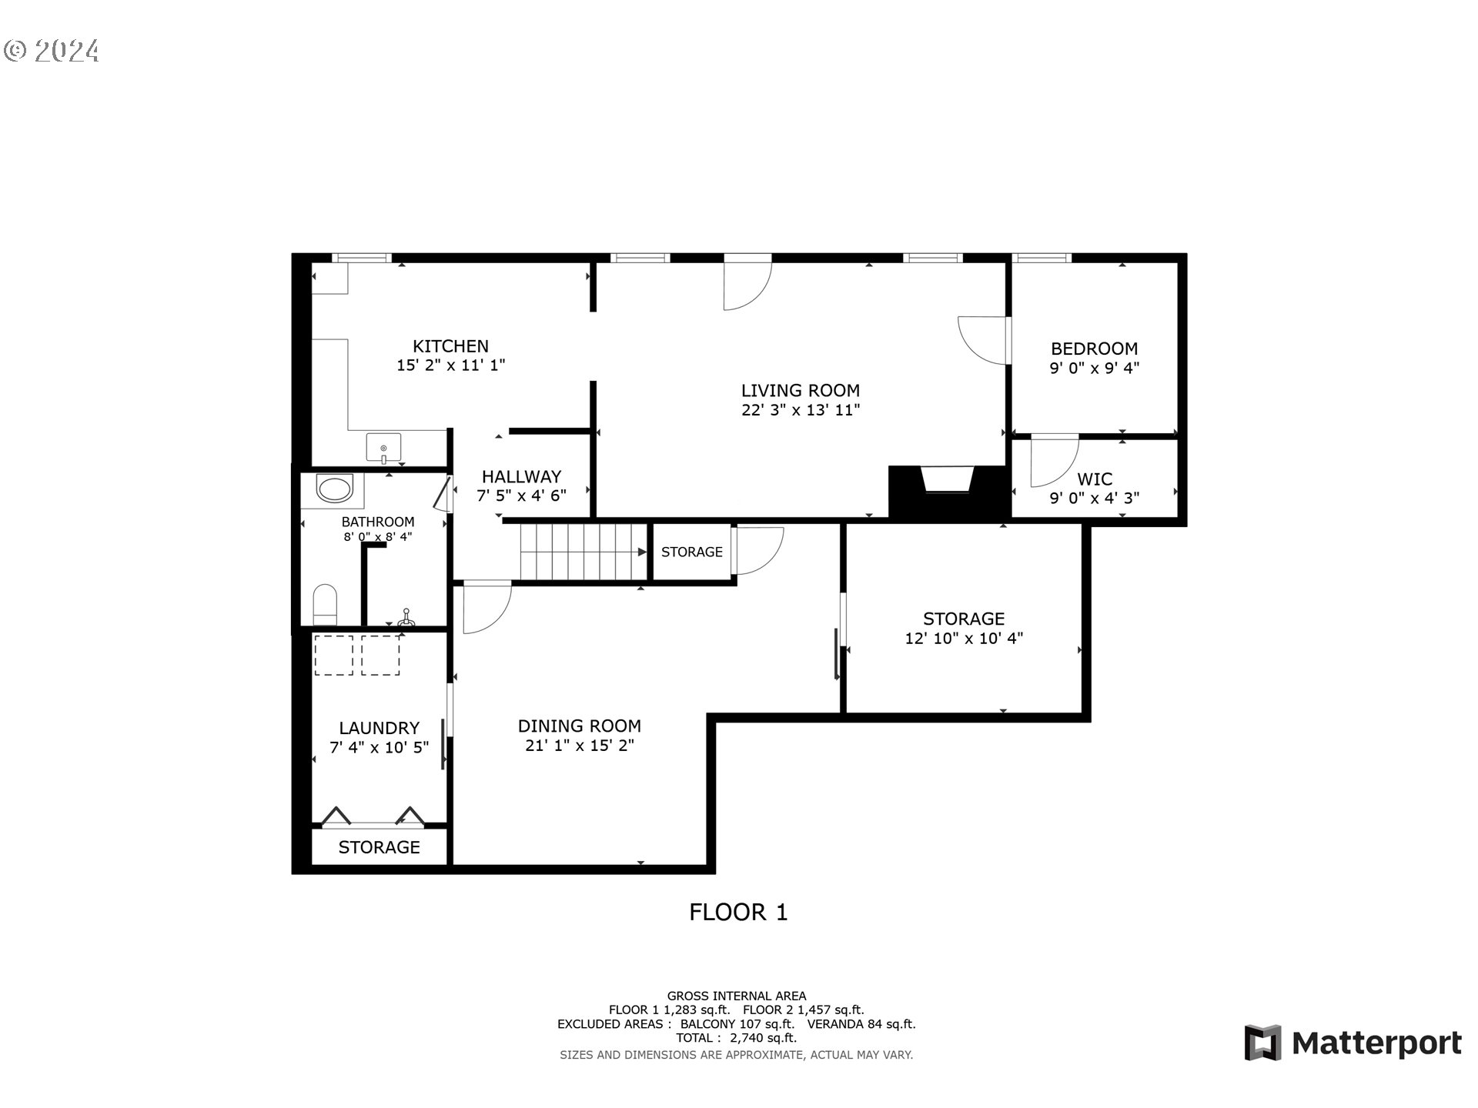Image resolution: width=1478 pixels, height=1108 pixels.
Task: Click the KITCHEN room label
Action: coord(450,346)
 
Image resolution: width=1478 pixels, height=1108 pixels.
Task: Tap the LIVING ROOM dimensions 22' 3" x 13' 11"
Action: coord(801,410)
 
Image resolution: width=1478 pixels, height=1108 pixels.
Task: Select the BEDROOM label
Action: coord(1094,349)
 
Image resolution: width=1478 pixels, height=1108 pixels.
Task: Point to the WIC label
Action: coord(1095,479)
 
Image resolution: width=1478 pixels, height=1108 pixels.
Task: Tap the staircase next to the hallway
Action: coord(584,552)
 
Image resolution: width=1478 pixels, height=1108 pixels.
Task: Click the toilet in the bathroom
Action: coord(325,604)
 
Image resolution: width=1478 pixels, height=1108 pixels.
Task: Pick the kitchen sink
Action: coord(383,447)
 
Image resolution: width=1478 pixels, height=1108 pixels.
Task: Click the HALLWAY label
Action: coord(521,477)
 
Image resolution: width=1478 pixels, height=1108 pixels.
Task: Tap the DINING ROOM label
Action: coord(579,726)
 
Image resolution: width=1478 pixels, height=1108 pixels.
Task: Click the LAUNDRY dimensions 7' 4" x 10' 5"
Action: coord(379,747)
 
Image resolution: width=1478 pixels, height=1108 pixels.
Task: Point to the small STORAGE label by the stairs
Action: coord(691,552)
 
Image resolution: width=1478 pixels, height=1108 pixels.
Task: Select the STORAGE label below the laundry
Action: coord(379,847)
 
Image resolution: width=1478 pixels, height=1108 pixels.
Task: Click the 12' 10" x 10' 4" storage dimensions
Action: coord(964,638)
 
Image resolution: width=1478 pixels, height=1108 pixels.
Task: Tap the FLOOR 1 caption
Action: coord(738,913)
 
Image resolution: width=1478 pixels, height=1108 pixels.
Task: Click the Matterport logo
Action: coord(1353,1043)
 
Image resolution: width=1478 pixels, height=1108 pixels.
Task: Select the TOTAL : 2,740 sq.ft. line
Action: coord(737,1038)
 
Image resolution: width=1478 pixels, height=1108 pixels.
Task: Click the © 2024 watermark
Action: coord(52,51)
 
